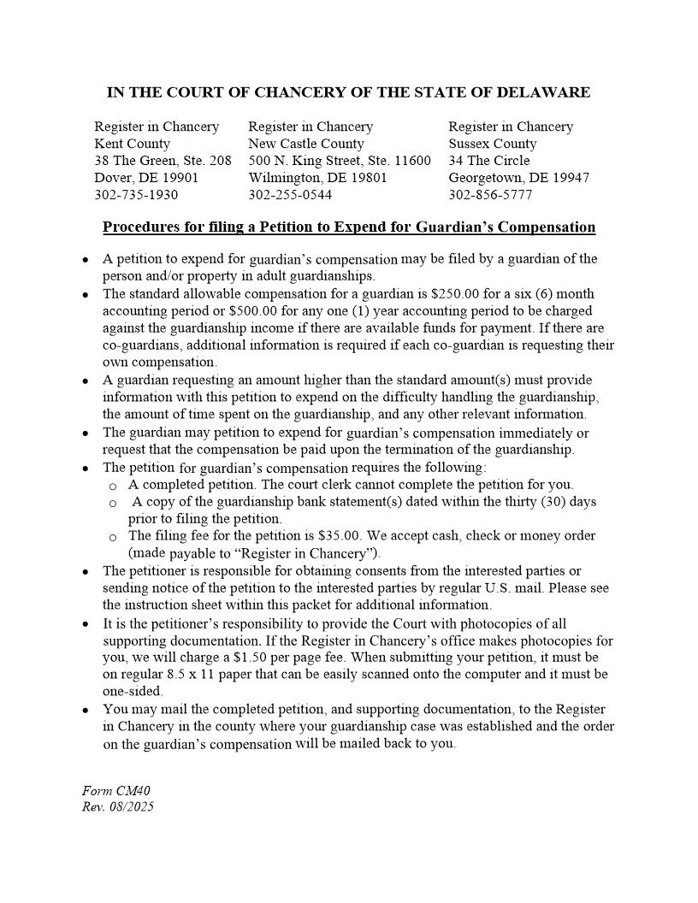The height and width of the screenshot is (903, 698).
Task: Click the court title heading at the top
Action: pos(348,92)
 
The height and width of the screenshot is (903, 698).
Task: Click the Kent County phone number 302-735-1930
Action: pos(136,195)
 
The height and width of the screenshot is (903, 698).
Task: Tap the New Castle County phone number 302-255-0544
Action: pos(290,195)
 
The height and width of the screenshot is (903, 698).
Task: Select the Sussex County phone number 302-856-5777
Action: pos(490,195)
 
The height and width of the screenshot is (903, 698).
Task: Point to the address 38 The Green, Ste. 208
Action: pos(163,161)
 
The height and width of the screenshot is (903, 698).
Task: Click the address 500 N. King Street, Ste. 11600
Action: pos(340,161)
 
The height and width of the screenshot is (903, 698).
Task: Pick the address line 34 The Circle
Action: pos(488,161)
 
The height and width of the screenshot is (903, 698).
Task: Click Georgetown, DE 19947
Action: pos(518,178)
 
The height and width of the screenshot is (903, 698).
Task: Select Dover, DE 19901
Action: pos(146,178)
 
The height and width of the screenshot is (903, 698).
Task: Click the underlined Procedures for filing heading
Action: pos(349,227)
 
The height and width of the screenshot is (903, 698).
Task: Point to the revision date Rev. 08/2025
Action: pos(118,807)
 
